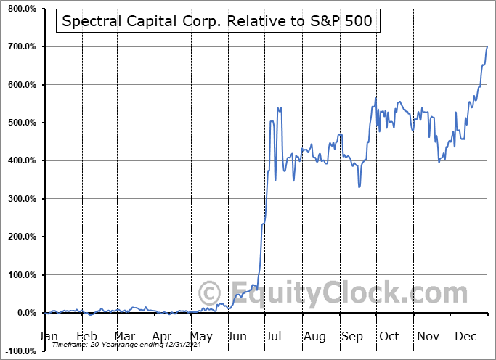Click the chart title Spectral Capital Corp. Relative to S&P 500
click(x=217, y=21)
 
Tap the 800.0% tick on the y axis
click(x=20, y=9)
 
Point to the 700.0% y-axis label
click(x=20, y=46)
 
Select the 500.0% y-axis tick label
click(x=20, y=123)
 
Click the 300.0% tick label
click(x=20, y=199)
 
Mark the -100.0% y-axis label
click(x=19, y=351)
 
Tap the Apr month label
click(x=163, y=337)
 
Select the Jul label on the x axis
click(x=275, y=337)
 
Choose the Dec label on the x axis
click(x=465, y=337)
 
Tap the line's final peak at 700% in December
click(x=487, y=46)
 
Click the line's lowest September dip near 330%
click(x=359, y=187)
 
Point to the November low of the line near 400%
click(x=439, y=161)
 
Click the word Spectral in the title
click(x=91, y=21)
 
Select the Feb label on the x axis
click(x=86, y=337)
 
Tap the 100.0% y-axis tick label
click(x=20, y=275)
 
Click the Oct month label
click(x=389, y=337)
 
